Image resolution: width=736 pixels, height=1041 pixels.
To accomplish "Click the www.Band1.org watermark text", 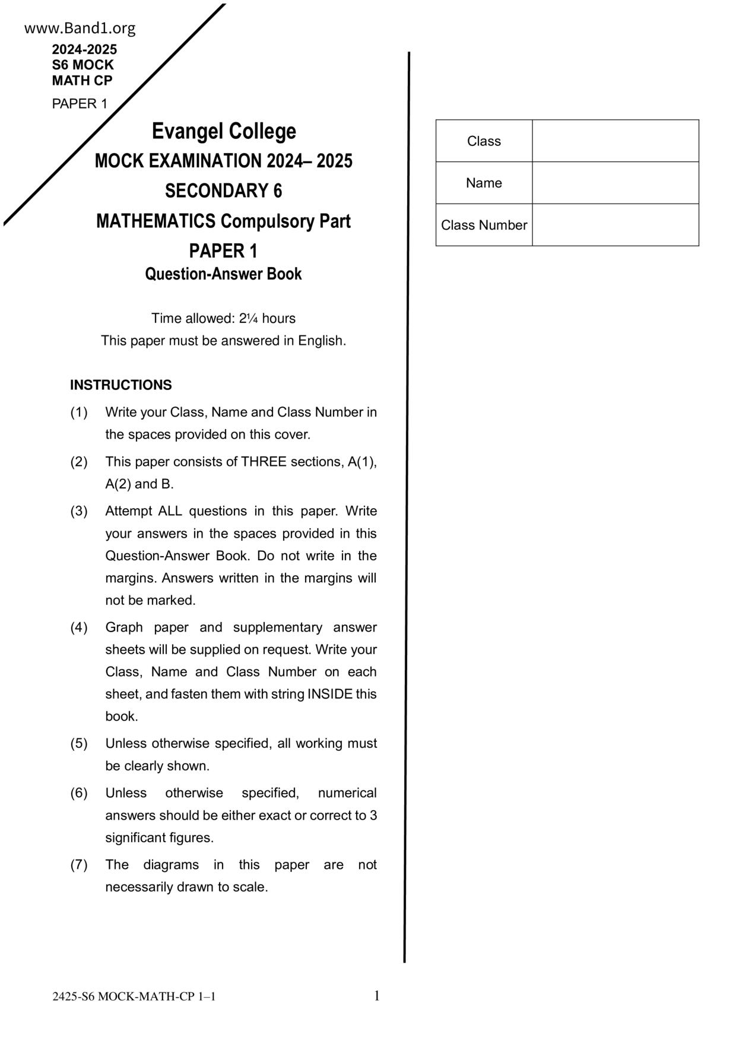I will (x=80, y=28).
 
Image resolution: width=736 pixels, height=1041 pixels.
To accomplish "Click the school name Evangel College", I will (x=224, y=131).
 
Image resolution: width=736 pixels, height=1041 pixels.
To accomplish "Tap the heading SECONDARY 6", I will (x=224, y=191).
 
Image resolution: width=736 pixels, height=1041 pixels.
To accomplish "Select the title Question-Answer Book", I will (x=224, y=274).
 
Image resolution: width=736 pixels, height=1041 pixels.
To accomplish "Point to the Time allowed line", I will (x=224, y=319).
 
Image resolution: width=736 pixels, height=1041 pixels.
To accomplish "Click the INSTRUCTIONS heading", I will (x=121, y=385).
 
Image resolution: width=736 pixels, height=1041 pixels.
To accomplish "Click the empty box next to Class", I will (x=616, y=141).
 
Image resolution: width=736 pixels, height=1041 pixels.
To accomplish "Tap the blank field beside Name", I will (x=616, y=183).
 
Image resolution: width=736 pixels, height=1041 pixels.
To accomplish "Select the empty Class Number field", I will (x=616, y=225).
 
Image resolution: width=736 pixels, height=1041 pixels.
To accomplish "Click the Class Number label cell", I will (x=484, y=226).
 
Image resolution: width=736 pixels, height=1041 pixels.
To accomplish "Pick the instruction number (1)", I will (x=79, y=412).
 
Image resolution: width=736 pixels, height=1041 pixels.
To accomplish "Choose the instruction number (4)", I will (x=79, y=628).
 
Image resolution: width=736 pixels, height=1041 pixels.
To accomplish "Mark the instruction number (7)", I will (x=79, y=865).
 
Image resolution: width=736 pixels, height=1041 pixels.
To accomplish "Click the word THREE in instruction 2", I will (x=263, y=462).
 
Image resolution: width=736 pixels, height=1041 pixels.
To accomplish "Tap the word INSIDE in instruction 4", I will (x=330, y=694).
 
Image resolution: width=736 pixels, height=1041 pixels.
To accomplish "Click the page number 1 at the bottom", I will (x=376, y=996).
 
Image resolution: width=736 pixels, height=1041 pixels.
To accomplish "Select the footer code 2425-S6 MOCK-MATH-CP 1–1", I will (x=134, y=997).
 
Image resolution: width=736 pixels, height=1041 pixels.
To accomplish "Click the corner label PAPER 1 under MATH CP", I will (x=80, y=104).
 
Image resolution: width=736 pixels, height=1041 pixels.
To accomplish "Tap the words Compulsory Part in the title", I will (x=285, y=221).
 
